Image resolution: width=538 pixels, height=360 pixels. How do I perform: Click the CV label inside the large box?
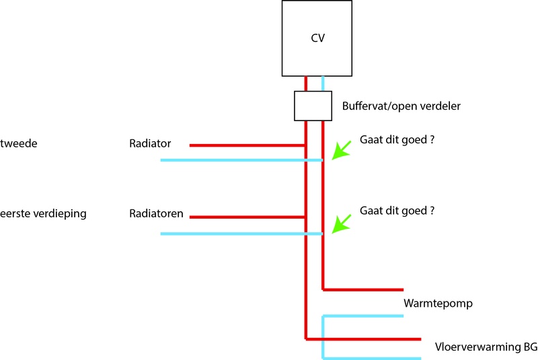(x=318, y=38)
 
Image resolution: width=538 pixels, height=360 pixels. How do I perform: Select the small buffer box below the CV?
(x=313, y=106)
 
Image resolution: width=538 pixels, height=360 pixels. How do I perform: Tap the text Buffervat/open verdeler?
(x=401, y=106)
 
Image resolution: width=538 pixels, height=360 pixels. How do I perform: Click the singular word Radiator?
(x=151, y=143)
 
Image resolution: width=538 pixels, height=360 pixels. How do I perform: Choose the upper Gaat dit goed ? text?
(x=397, y=139)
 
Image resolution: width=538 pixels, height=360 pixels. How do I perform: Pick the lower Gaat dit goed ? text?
(x=397, y=210)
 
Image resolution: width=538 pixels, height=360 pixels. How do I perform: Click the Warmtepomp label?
(x=438, y=303)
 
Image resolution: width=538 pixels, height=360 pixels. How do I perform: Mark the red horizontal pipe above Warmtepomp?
(x=363, y=289)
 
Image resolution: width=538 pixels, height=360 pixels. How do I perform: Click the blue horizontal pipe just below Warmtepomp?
(x=363, y=316)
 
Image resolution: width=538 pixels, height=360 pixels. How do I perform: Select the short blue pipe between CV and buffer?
(x=323, y=83)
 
